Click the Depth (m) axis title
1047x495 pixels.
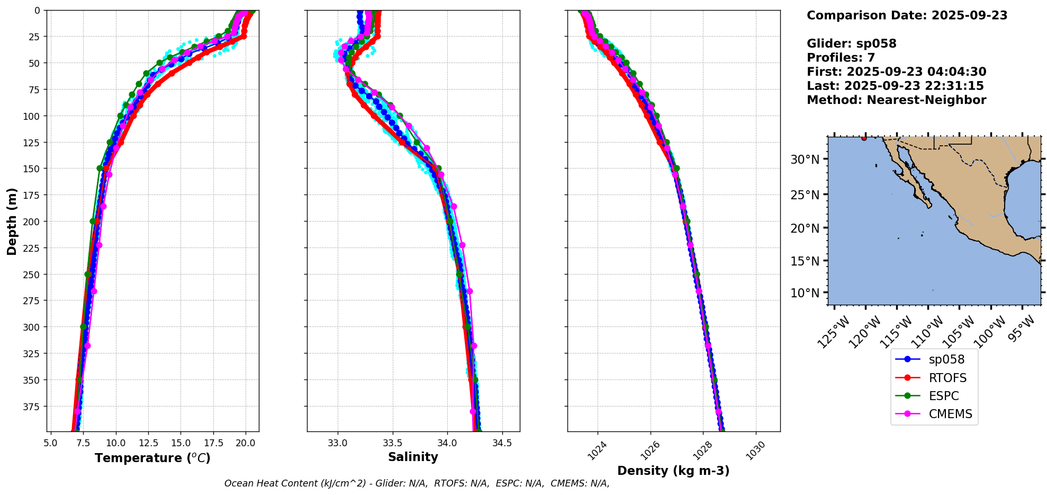(x=12, y=221)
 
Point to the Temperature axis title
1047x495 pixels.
(x=152, y=458)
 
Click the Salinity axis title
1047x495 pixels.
(x=413, y=457)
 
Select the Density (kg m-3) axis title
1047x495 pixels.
(x=673, y=471)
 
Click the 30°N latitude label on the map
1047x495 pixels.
(x=805, y=160)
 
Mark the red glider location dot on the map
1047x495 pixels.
(x=864, y=138)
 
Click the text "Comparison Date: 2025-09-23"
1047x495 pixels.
(x=907, y=15)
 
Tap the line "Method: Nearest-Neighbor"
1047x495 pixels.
(x=896, y=100)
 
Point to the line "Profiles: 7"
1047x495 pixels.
(x=841, y=58)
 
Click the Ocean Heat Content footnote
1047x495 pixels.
(x=417, y=483)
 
